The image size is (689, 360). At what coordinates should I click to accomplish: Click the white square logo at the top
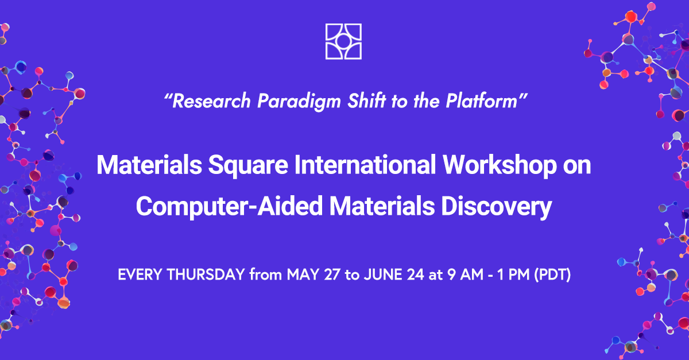343,41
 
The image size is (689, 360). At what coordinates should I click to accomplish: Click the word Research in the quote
211,101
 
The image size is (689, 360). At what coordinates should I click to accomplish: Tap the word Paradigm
299,102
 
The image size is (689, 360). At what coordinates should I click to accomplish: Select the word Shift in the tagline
366,100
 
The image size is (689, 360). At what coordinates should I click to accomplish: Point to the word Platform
481,100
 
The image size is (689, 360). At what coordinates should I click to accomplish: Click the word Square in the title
248,165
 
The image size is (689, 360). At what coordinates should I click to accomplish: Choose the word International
365,165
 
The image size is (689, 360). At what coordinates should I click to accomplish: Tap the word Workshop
500,165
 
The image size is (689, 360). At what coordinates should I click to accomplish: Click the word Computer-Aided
229,206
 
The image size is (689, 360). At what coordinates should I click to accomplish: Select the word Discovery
497,206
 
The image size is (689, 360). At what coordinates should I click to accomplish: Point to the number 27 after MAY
332,274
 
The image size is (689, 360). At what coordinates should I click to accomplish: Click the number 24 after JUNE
416,274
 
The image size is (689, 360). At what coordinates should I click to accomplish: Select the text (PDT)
552,274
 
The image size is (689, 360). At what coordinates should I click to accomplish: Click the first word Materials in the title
149,165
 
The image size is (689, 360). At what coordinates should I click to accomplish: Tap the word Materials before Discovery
382,206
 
